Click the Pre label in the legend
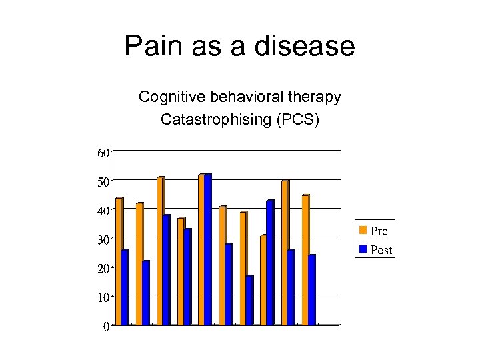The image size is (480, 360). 379,231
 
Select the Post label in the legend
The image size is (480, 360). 381,250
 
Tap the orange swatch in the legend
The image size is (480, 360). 363,231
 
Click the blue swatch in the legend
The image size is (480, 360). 363,249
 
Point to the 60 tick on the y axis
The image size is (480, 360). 103,153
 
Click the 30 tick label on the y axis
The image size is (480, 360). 103,239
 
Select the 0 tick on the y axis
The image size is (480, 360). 106,326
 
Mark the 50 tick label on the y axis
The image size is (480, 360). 103,181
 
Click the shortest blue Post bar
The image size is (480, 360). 249,300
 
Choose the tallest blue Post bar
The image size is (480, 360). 208,249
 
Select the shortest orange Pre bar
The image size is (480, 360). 264,280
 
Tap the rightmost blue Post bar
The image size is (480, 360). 312,290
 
